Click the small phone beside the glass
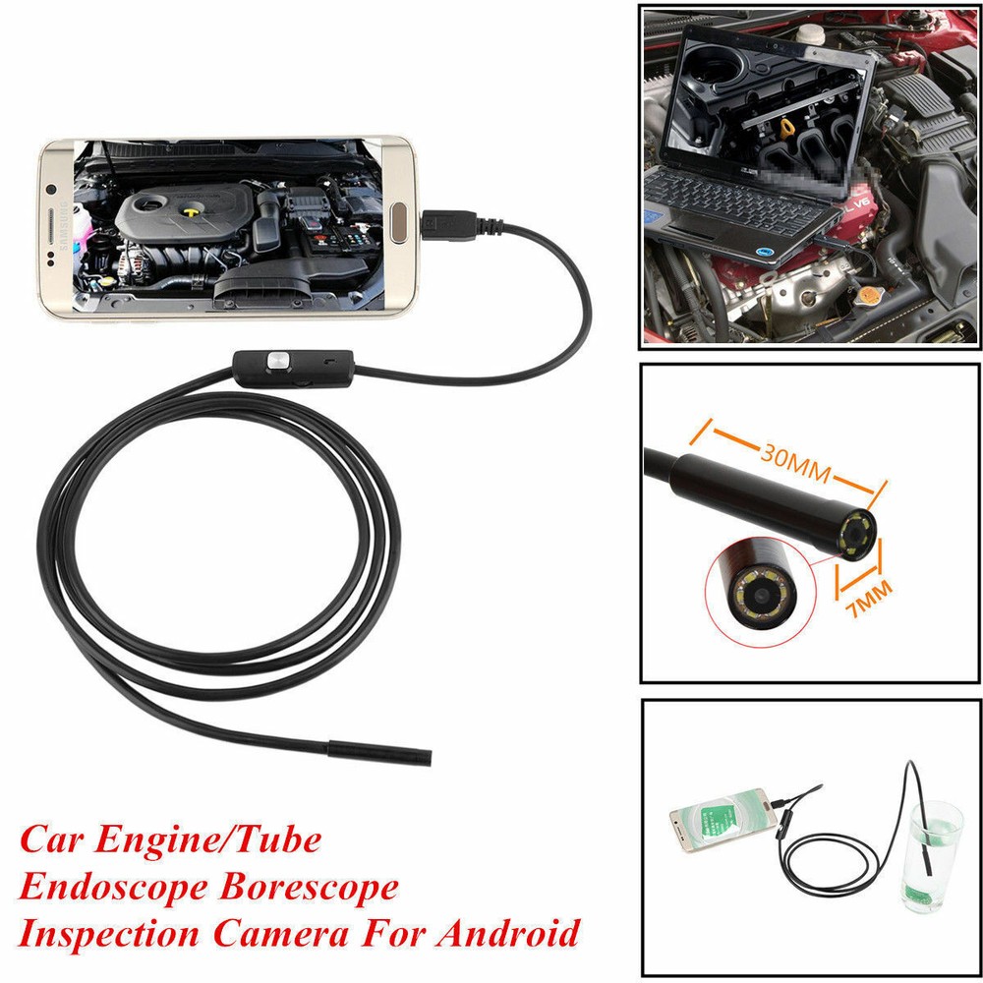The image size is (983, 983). tap(717, 817)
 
